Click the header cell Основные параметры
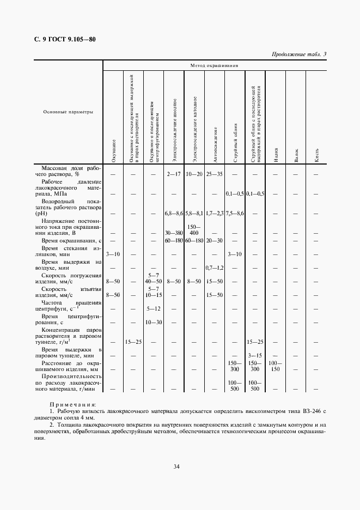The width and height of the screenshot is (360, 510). point(68,112)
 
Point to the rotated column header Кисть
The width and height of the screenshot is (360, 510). point(316,155)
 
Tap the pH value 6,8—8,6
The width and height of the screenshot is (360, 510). point(174,213)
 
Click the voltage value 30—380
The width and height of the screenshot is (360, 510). point(174,233)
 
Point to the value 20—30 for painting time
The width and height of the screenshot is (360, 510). point(215,240)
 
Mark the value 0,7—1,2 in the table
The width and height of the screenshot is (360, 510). point(215,268)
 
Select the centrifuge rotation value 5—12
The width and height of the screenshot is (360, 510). point(153,309)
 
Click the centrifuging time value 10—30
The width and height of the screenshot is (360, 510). point(153,323)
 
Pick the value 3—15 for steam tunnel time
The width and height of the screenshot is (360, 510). point(255,355)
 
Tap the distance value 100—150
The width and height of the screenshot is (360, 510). point(276,366)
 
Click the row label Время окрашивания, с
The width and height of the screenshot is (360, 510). point(71,240)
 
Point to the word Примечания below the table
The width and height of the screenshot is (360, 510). point(72,405)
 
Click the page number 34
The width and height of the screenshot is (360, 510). point(176,466)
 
